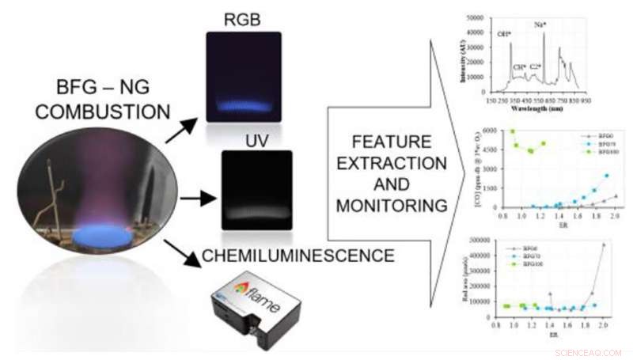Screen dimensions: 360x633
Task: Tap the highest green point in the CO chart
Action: click(x=512, y=131)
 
